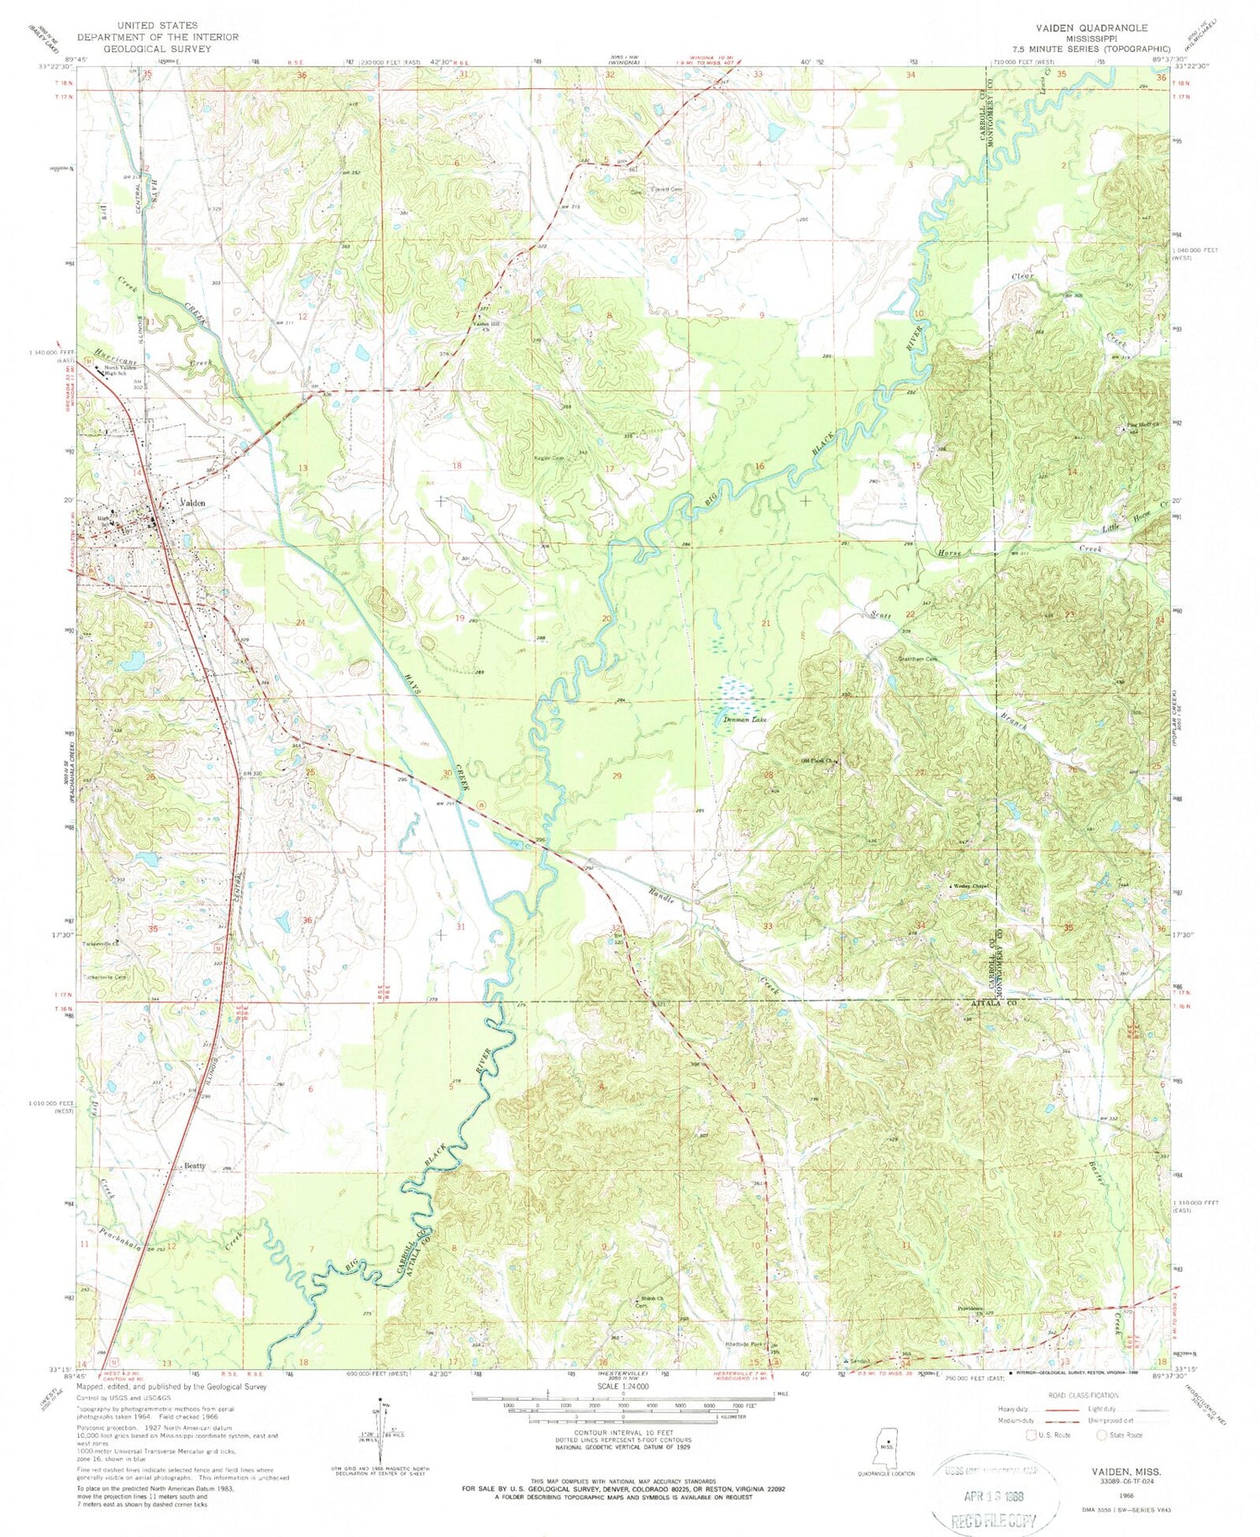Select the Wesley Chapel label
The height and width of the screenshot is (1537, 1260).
[x=970, y=886]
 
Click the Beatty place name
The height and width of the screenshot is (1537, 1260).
[x=194, y=1167]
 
